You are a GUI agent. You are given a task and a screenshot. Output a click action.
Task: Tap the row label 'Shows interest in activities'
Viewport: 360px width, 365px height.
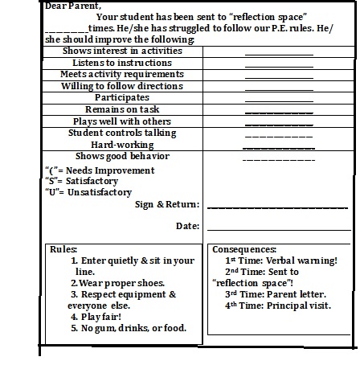coord(122,51)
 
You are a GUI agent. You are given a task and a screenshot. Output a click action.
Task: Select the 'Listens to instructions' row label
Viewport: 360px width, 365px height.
coord(122,63)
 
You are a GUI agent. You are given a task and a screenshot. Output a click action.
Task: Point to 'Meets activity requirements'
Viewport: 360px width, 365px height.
coord(122,74)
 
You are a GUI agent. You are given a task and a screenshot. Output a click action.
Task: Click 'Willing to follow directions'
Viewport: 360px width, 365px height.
coord(122,85)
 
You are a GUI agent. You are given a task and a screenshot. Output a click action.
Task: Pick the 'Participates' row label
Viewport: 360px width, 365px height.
coord(122,97)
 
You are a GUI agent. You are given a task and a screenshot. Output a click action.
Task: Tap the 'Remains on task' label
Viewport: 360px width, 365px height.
coord(122,109)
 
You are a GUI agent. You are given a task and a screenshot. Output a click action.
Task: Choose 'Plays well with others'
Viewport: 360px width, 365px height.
coord(122,121)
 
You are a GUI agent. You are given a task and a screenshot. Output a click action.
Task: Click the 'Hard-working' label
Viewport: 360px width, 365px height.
coord(122,144)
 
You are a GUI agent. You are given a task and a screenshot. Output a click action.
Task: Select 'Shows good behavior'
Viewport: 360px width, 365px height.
coord(122,156)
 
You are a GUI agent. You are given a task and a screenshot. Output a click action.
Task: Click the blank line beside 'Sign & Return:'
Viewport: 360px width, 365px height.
coord(277,208)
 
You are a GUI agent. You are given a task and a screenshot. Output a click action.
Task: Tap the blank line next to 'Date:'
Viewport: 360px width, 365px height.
coord(277,230)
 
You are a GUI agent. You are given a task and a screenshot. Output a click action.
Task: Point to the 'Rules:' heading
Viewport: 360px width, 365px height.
coord(63,250)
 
